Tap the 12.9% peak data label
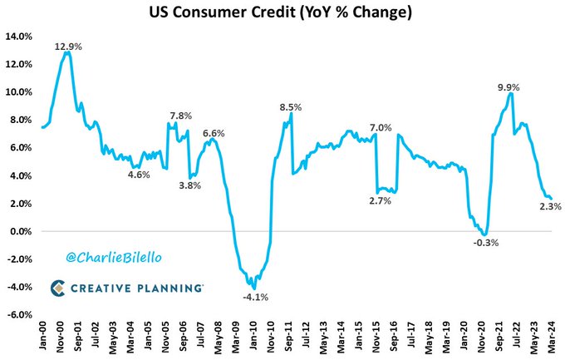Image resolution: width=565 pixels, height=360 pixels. pos(68,47)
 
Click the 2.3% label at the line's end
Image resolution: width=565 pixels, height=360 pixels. pos(550,206)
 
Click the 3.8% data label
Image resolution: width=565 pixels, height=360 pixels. pos(190,185)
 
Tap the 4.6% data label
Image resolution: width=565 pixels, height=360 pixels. pos(140,175)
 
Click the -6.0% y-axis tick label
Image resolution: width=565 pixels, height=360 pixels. pos(19,315)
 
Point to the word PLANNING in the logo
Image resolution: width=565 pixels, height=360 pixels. pos(169,288)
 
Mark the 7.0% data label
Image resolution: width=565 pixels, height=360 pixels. pos(380,127)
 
